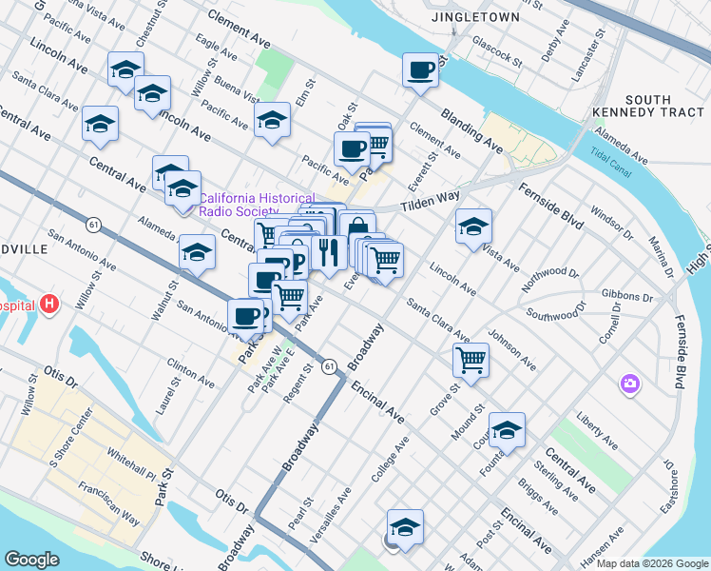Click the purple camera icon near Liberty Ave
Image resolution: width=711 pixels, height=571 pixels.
pyautogui.click(x=628, y=384)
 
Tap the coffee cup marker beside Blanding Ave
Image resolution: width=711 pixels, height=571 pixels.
pyautogui.click(x=420, y=69)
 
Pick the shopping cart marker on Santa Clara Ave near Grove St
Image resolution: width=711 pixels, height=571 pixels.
pyautogui.click(x=471, y=360)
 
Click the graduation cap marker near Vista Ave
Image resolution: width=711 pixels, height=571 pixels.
pyautogui.click(x=473, y=226)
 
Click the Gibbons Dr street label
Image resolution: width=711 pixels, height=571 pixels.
pyautogui.click(x=627, y=297)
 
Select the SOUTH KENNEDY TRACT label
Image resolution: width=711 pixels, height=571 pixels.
pyautogui.click(x=663, y=107)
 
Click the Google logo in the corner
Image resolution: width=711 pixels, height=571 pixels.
pyautogui.click(x=31, y=560)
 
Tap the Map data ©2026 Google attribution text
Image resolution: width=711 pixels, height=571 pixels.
pyautogui.click(x=652, y=563)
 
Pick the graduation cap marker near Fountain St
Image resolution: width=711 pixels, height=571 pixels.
pyautogui.click(x=507, y=429)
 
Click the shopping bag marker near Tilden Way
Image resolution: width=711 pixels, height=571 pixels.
pyautogui.click(x=356, y=228)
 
